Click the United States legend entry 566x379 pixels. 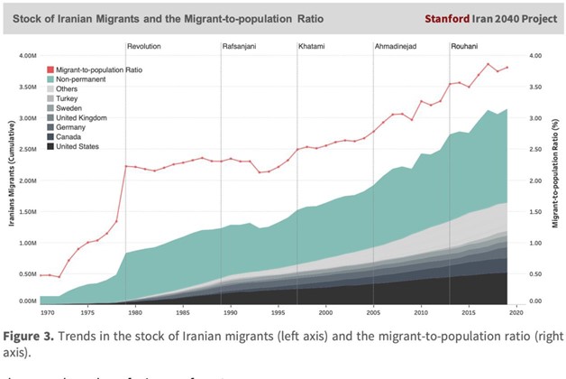tap(79, 147)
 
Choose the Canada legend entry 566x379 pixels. tap(70, 137)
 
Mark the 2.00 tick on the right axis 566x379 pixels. tap(536, 179)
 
